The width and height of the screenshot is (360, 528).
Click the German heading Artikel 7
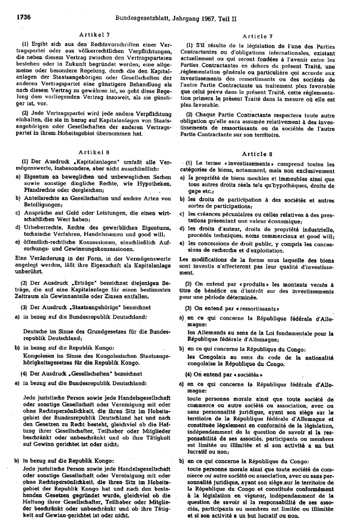click(94, 34)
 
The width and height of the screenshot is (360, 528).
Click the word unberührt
click(30, 272)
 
